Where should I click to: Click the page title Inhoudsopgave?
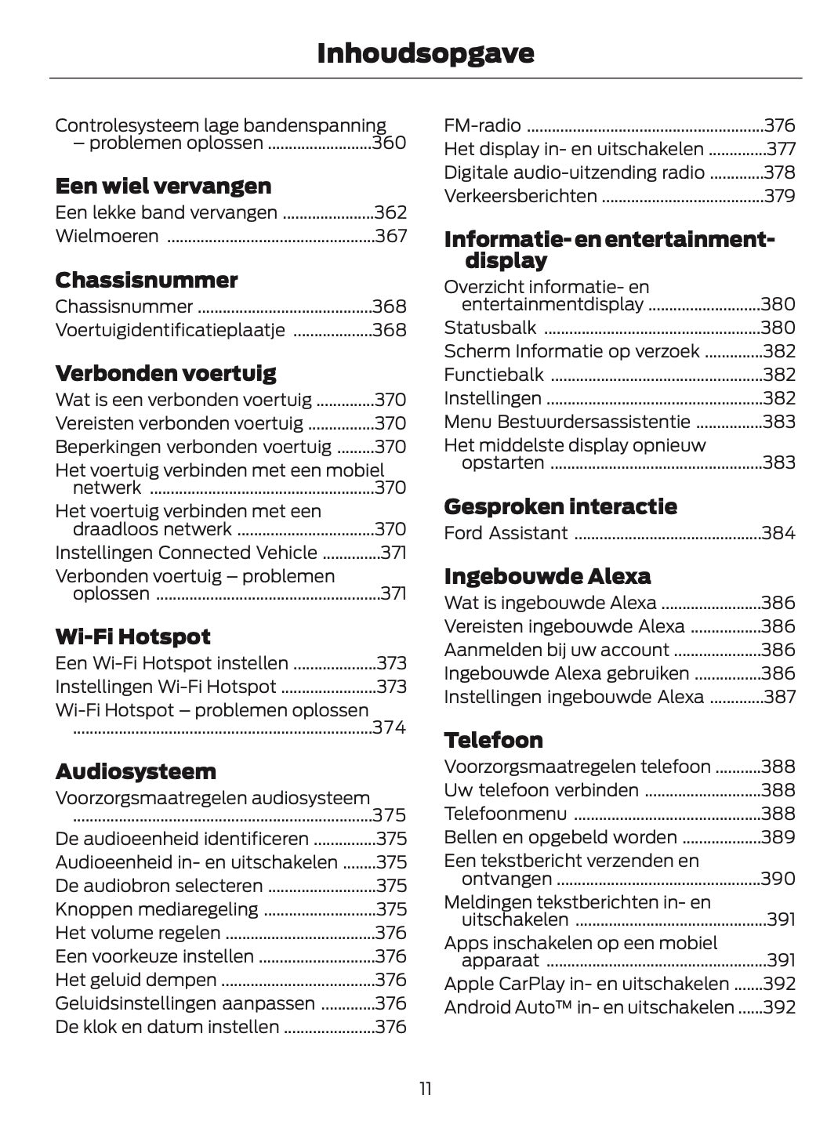coord(425,53)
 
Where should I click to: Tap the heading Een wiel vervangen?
coord(163,187)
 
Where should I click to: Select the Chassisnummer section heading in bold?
coord(146,281)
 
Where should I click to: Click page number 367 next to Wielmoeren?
coord(390,236)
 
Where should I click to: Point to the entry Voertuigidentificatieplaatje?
coord(170,330)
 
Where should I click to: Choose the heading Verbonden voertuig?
coord(165,374)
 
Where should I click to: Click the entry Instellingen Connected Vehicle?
coord(186,553)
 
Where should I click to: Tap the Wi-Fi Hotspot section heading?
coord(132,636)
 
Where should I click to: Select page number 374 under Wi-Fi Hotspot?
coord(390,727)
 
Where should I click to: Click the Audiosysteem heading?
coord(136,772)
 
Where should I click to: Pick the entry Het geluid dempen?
coord(136,980)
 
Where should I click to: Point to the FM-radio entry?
coord(482,125)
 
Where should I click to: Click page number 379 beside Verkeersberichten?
coord(779,196)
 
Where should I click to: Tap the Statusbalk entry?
coord(490,328)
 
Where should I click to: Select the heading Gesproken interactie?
coord(560,506)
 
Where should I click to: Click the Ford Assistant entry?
coord(506,533)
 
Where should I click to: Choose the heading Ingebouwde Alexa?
coord(547,577)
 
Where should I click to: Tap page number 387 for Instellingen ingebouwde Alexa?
coord(779,697)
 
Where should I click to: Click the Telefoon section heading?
coord(493,741)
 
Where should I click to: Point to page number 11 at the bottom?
coord(425,1089)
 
